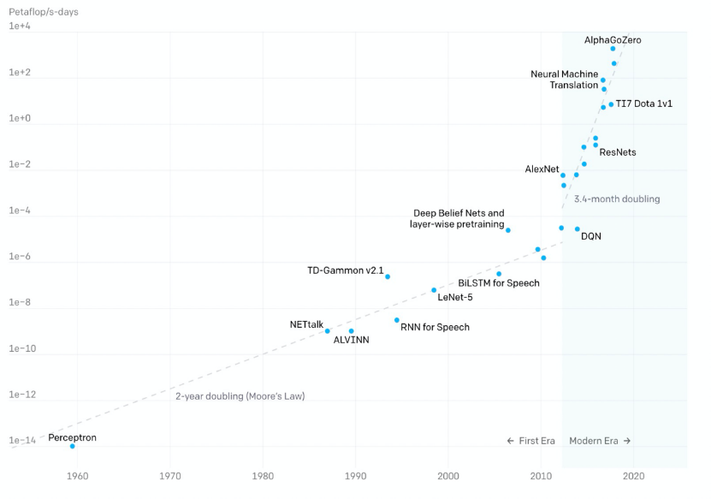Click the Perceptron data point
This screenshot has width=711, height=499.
(72, 446)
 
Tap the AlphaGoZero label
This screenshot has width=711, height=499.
(612, 39)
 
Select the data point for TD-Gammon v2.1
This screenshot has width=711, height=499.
(388, 276)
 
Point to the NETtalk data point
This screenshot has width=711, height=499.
(327, 331)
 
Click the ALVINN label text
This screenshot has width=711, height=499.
(351, 341)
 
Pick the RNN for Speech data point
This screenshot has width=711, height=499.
(397, 320)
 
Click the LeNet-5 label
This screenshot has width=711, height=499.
(454, 298)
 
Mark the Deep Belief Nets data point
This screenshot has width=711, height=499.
(508, 230)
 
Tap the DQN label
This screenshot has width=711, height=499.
(591, 236)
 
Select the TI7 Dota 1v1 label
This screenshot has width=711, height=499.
(643, 104)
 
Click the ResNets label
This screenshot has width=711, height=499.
(618, 152)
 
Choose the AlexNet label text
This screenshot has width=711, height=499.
(542, 169)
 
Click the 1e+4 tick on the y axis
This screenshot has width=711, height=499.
(21, 27)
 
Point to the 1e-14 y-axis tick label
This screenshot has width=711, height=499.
(22, 441)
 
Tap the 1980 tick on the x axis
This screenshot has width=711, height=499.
(263, 476)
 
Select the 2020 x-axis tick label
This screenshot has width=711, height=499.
(634, 476)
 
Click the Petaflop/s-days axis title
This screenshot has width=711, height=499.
(44, 12)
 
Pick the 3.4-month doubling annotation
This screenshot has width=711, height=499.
(617, 199)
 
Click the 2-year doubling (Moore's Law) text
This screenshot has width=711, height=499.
(240, 396)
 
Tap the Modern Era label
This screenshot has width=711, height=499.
(599, 441)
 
